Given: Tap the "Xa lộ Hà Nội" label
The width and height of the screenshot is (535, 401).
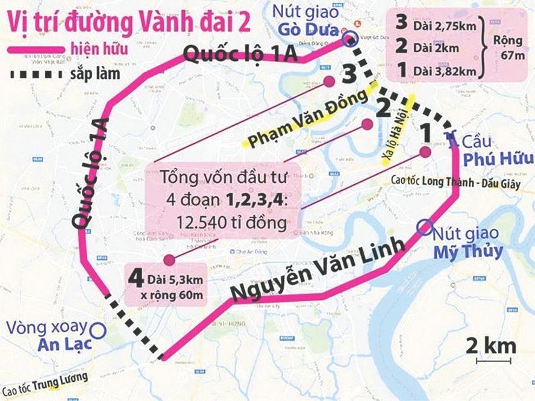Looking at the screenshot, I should tap(398, 130).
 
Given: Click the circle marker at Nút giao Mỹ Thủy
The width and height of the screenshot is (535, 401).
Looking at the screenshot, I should tap(424, 227).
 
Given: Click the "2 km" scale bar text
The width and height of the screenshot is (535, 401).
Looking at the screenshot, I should tap(492, 346).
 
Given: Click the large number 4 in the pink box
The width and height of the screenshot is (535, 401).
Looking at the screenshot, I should tap(136, 279).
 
